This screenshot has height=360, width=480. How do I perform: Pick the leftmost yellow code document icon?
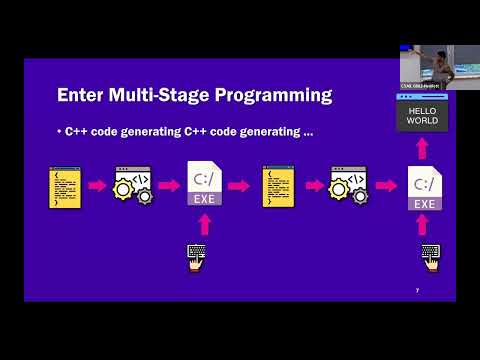pos(64,186)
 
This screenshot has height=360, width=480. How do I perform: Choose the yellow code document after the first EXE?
pos(277,186)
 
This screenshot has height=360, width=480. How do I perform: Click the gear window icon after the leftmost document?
pos(133,186)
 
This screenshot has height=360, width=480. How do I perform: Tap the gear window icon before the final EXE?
pos(348,186)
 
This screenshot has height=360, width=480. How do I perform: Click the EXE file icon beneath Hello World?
pos(423,188)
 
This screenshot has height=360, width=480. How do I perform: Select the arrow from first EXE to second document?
pos(239,186)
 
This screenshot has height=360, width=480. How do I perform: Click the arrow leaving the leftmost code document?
pos(98,186)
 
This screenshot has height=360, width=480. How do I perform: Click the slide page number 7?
pos(417,290)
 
